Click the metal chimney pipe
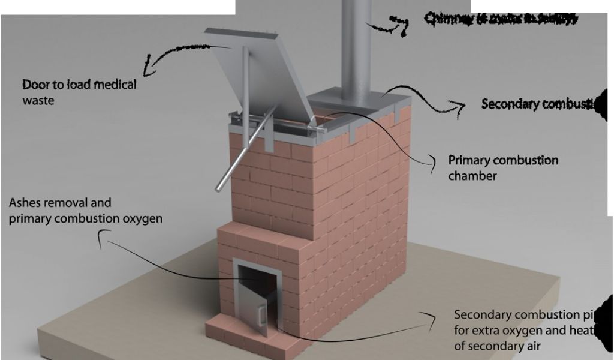[x=357, y=48]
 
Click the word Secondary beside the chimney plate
[x=509, y=104]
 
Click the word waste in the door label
[x=38, y=100]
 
